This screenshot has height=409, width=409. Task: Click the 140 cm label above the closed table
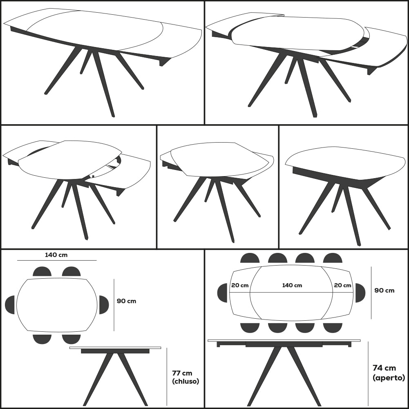point(56,255)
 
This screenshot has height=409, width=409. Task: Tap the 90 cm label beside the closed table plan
point(126,301)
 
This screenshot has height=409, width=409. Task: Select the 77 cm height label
point(182,373)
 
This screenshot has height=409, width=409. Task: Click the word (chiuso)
point(186,381)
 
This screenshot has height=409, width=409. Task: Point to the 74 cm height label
point(384,368)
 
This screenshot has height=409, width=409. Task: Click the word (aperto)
point(389,378)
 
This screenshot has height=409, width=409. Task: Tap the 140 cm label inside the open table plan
point(292,285)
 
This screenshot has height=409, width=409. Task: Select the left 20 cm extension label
point(240,285)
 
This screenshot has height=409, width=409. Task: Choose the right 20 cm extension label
point(342,285)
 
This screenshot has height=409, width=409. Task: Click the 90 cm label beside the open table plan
point(384,291)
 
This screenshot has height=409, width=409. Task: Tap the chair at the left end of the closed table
point(10,305)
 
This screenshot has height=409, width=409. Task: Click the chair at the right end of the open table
point(360,293)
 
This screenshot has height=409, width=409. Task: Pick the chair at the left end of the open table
point(222,293)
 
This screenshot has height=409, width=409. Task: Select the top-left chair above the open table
point(250,258)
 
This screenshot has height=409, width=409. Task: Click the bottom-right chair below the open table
point(333,328)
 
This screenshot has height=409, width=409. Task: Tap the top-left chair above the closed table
point(42,271)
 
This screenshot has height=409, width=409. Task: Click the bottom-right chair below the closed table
point(71,339)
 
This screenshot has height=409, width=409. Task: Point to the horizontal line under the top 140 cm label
point(57,260)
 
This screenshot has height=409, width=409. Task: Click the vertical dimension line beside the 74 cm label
point(368,373)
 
